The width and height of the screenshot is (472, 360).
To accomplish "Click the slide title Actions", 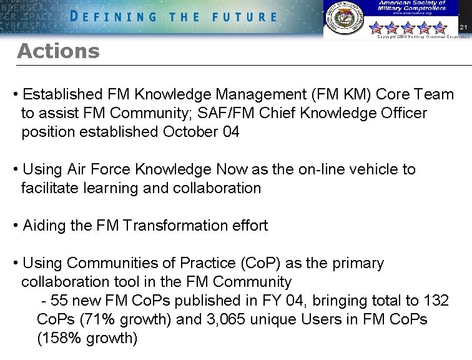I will click(58, 51).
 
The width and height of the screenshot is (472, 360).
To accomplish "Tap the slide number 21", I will click(463, 27).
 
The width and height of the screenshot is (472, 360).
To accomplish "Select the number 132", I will click(435, 301).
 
